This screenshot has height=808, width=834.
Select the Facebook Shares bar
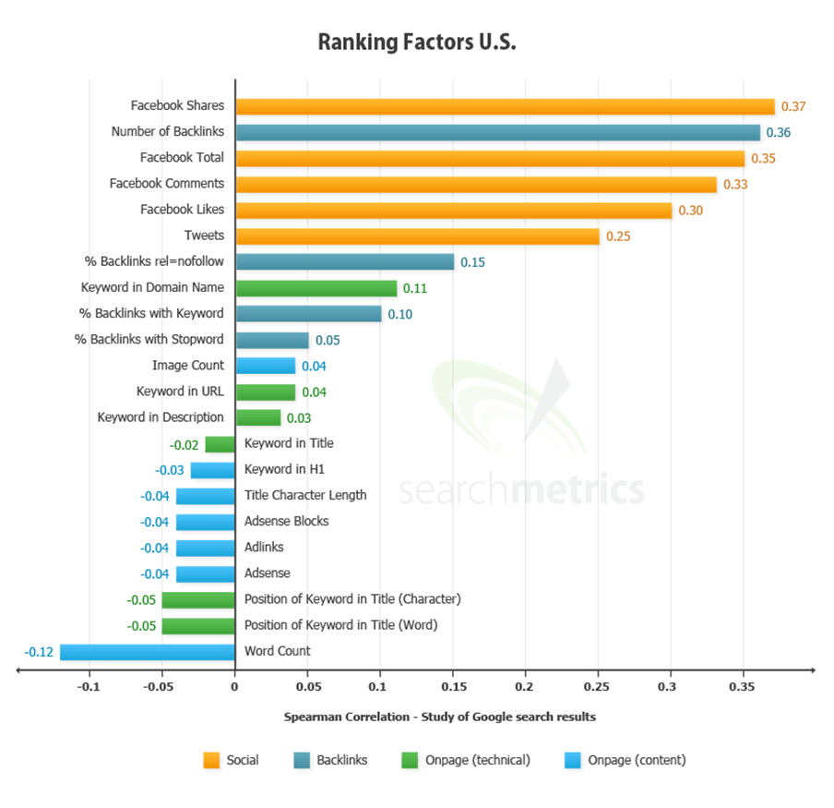pyautogui.click(x=505, y=106)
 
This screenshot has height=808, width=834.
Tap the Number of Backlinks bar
pyautogui.click(x=497, y=132)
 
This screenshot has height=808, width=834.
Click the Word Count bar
pyautogui.click(x=148, y=652)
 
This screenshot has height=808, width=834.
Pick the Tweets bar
pyautogui.click(x=417, y=236)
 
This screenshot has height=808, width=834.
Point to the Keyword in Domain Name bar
pyautogui.click(x=316, y=288)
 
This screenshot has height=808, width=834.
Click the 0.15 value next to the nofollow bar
pyautogui.click(x=473, y=262)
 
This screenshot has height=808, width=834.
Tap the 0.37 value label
pyautogui.click(x=793, y=106)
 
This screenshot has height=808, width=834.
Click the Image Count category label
pyautogui.click(x=188, y=366)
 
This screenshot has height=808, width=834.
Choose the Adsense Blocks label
pyautogui.click(x=287, y=521)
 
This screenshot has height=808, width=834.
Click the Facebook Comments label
pyautogui.click(x=167, y=184)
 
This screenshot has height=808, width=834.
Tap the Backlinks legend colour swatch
pyautogui.click(x=299, y=760)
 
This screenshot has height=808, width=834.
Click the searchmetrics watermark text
pyautogui.click(x=521, y=488)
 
